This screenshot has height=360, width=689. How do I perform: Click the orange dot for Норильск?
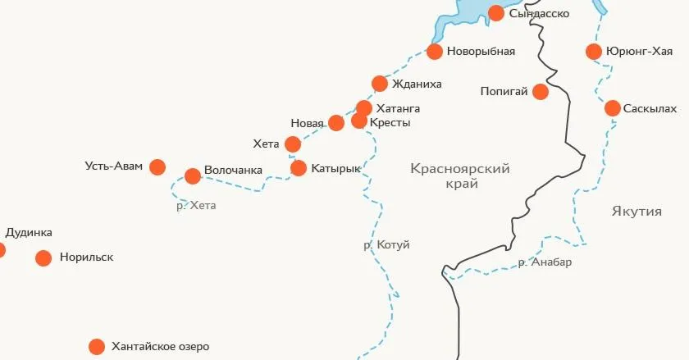43,258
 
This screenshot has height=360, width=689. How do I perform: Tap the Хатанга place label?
398,108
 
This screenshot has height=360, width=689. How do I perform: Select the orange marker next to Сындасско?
496,12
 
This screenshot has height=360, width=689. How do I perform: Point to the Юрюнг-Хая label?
639,52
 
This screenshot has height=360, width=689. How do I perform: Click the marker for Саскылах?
613,108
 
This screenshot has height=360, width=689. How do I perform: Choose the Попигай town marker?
541,92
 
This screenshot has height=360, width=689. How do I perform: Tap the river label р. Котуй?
386,245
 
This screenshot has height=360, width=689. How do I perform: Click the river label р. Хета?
196,206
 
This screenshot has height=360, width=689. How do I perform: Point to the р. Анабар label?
545,262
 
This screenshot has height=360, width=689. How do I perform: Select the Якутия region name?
637,212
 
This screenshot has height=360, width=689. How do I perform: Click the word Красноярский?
460,168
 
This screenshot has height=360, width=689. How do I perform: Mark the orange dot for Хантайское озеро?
97,347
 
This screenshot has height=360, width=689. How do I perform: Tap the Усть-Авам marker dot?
157,166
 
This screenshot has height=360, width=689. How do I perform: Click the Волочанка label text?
233,170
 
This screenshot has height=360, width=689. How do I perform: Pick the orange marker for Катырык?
299,168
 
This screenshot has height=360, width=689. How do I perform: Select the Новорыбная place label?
481,52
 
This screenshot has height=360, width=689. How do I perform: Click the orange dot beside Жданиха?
380,84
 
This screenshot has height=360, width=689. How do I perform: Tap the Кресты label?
390,123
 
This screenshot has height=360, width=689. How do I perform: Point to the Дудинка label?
29,232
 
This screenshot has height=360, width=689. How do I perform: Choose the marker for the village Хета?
293,145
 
